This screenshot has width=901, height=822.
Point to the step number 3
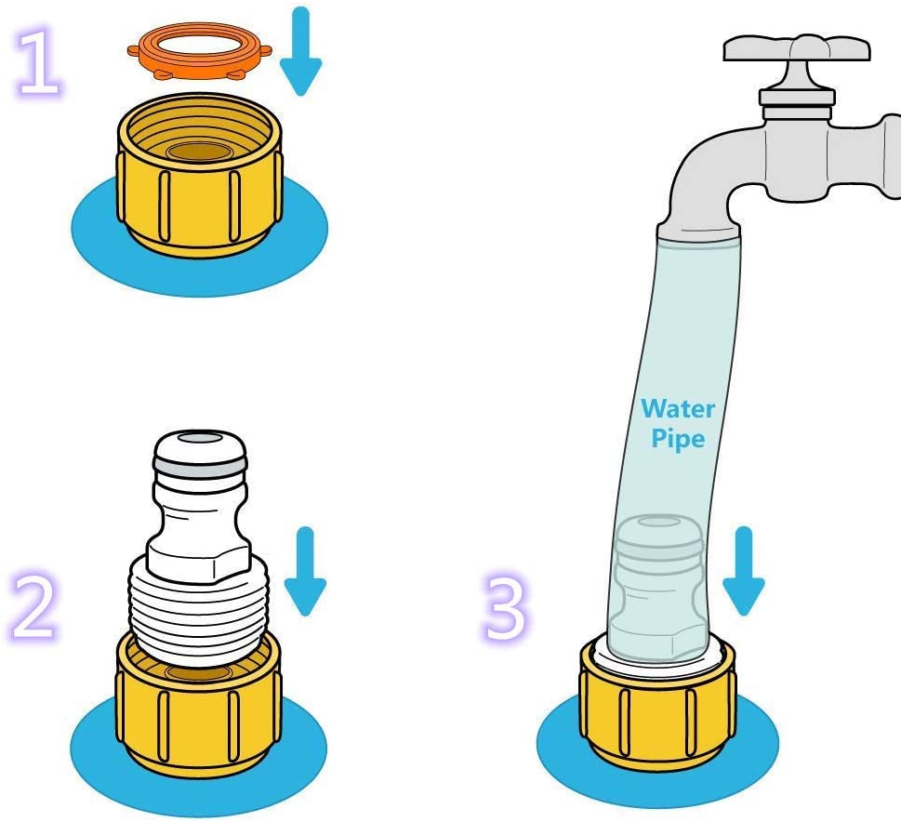[x=505, y=605]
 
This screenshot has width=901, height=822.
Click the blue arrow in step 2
[x=305, y=571]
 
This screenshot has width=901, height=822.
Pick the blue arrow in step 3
[x=744, y=571]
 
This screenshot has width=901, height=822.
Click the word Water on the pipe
[x=678, y=409]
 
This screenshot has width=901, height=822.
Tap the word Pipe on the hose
[x=678, y=438]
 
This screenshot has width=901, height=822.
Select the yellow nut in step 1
[x=199, y=175]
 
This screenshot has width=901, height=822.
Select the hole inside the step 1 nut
[x=199, y=152]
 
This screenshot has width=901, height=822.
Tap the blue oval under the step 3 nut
[x=657, y=782]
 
